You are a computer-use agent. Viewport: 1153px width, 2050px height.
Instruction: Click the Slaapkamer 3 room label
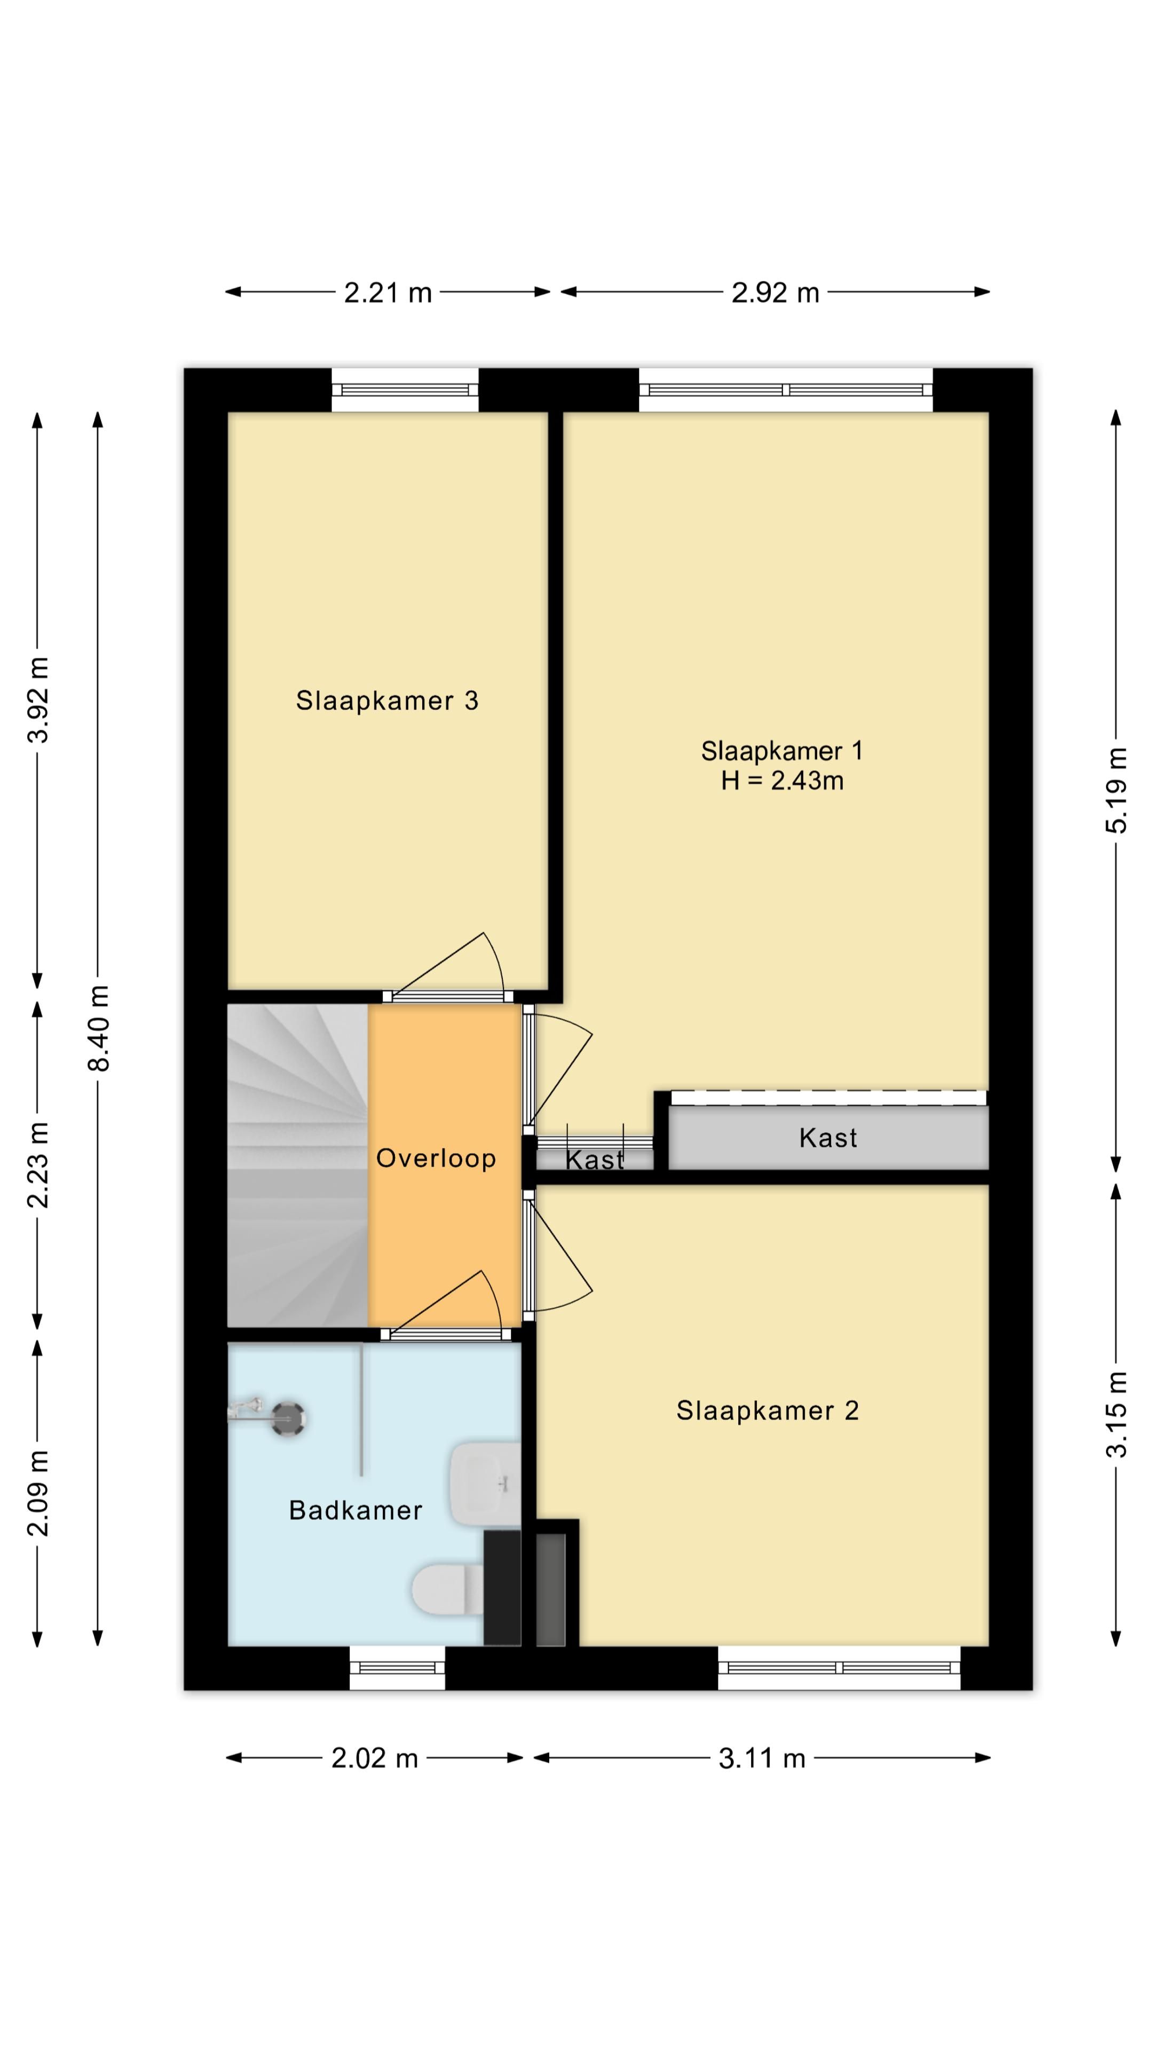coord(386,700)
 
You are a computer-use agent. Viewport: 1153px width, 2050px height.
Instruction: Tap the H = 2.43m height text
coord(782,780)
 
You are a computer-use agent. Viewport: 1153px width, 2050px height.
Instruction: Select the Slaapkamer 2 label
coord(767,1410)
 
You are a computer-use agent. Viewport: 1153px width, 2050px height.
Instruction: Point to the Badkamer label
coord(355,1510)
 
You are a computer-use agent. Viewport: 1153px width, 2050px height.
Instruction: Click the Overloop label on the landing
coord(436,1158)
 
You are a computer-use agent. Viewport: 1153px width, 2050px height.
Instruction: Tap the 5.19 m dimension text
coord(1116,790)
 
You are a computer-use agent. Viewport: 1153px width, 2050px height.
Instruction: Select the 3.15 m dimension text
coord(1116,1413)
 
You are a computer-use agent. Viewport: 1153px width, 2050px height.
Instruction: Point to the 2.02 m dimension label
coord(375,1758)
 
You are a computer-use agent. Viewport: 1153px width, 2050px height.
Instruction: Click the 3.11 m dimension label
coord(762,1758)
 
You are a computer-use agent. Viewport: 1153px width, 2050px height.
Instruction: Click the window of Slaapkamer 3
coord(405,390)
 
